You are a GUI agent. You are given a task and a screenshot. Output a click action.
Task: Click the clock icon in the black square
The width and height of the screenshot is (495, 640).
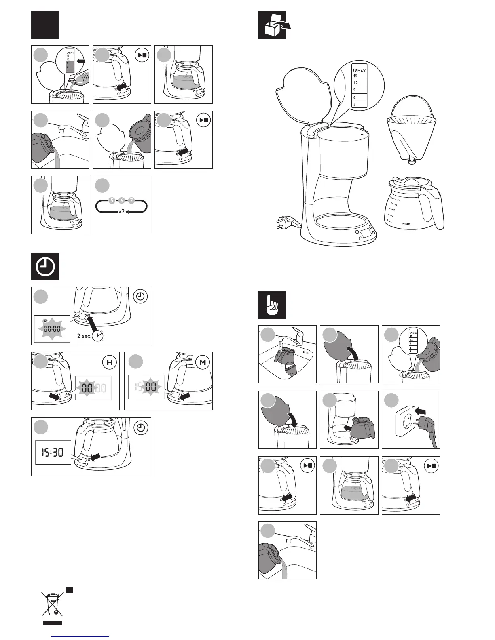45,267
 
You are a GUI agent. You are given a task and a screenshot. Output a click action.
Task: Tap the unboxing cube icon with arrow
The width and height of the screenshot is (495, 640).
273,25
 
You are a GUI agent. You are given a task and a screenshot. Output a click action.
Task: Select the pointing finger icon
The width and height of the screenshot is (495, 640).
272,305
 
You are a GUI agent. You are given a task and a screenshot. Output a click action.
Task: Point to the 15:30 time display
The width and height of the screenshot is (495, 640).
53,452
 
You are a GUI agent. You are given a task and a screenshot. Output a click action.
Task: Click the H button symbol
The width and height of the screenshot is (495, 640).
109,363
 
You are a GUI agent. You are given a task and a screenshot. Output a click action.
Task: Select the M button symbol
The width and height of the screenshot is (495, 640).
203,363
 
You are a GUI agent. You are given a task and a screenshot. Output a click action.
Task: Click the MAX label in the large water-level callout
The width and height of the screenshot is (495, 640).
361,71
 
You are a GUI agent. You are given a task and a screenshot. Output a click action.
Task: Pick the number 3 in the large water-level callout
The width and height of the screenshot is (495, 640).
355,104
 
